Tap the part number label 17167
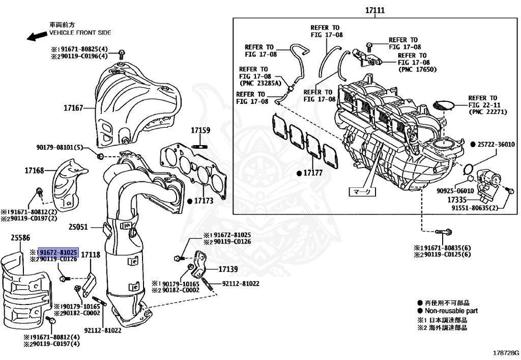click(x=73, y=108)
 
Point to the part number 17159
click(x=200, y=130)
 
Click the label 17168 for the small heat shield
click(x=34, y=171)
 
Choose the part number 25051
click(x=78, y=227)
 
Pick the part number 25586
click(x=20, y=237)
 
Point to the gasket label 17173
click(x=203, y=201)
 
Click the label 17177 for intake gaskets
click(x=313, y=173)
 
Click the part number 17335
click(x=457, y=200)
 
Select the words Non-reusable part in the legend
click(x=451, y=311)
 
